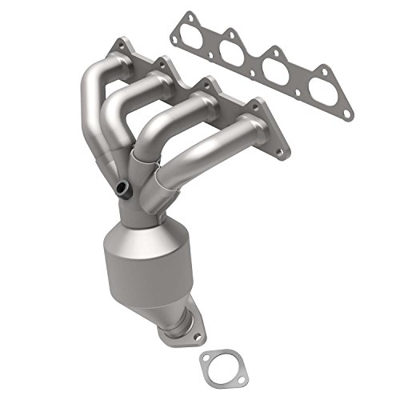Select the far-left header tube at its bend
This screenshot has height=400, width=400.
[90, 88]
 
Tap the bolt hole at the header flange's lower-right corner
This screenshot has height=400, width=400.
[278, 149]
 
